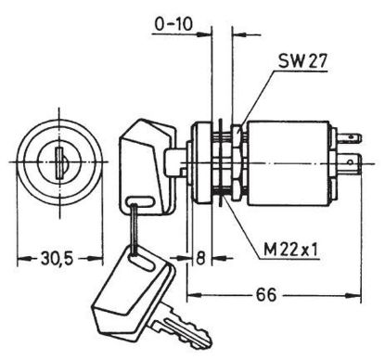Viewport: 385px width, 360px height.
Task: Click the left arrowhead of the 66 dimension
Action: pyautogui.click(x=191, y=296)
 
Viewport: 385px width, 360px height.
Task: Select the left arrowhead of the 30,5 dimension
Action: pyautogui.click(x=20, y=256)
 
